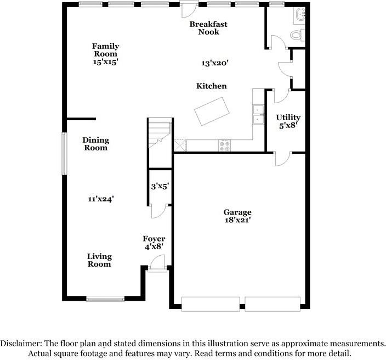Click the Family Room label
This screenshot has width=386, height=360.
coord(105,50)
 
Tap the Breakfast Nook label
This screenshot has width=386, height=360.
coord(208,28)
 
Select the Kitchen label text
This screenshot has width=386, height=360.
coord(212,86)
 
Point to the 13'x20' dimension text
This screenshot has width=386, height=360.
coord(215,63)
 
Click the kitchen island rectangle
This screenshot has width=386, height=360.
coord(212,111)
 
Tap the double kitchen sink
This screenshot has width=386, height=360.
coord(258,115)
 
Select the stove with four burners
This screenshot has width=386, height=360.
coord(224,145)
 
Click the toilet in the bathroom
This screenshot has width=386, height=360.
coord(297,35)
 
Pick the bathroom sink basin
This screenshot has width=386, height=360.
coord(299,14)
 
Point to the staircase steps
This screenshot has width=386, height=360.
coord(160,133)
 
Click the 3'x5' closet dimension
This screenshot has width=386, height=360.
coord(160,186)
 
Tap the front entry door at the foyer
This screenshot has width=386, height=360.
coord(157,263)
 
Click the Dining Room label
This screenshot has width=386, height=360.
coord(95,144)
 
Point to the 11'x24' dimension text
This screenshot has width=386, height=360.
coord(101,199)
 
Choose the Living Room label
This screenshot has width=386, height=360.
coord(99,260)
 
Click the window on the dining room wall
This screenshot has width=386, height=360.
coord(64,154)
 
